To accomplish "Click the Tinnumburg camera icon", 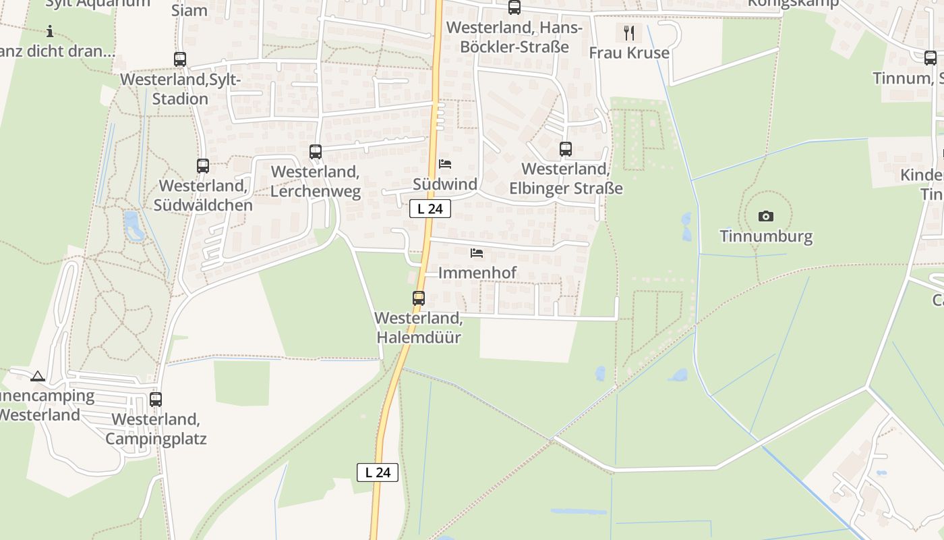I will [x=765, y=216].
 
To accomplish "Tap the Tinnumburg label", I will [x=765, y=236].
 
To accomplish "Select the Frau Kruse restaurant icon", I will [x=629, y=32].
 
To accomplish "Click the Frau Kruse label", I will [x=629, y=53].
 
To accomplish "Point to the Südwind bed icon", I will [x=445, y=164].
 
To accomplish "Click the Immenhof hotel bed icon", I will [x=477, y=253].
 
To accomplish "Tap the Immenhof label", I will [x=477, y=273].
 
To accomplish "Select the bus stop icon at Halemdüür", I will [x=419, y=298].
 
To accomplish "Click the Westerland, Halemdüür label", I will [x=418, y=327].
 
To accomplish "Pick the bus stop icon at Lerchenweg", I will [x=316, y=152].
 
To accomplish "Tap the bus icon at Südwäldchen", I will [x=203, y=165].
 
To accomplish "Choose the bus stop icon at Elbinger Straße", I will [x=566, y=149].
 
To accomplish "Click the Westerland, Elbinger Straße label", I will [x=566, y=179].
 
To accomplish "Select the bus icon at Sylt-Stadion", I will [x=180, y=59].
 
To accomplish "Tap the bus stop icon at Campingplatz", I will [x=156, y=399].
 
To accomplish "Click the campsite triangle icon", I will [x=38, y=376].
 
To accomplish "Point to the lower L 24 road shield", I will [x=378, y=473].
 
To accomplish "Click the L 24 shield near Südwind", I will [x=430, y=209].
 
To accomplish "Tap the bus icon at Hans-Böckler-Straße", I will [x=514, y=7].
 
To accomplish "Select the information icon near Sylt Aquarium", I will [x=50, y=31].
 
